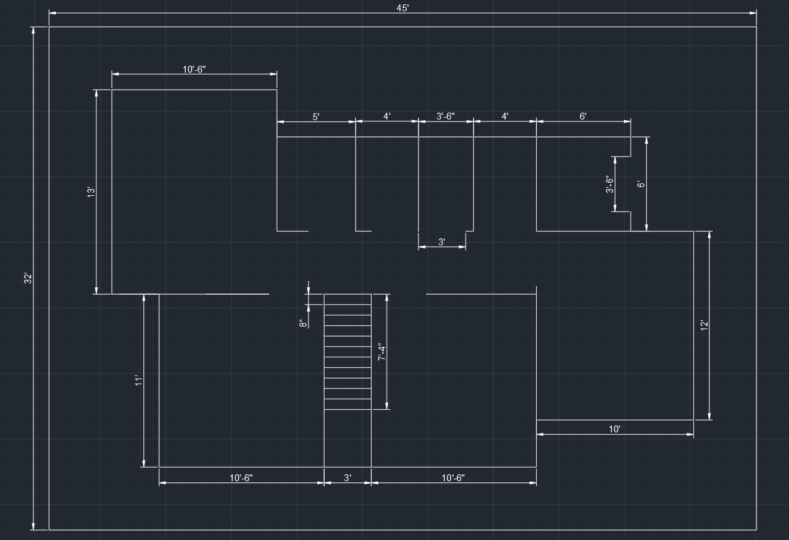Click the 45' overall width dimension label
coord(402,8)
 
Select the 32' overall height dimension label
coord(28,278)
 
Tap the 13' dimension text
coord(91,192)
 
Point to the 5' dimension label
coord(315,116)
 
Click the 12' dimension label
coord(704,325)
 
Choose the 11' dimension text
coord(138,380)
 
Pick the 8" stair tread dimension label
coord(303,323)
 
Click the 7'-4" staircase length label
coord(382,352)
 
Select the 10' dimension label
coord(614,429)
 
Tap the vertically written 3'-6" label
coord(609,184)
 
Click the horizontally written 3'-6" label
coord(445,116)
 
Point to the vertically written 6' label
coord(641,184)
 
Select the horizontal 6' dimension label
coord(583,116)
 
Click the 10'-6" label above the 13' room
coord(194,69)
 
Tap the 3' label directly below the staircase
coord(347,477)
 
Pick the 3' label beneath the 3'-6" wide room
coord(442,242)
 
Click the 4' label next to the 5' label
coord(387,116)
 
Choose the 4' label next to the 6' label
coord(505,116)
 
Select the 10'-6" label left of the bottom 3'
coord(242,477)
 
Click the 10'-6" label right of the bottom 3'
coord(454,477)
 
